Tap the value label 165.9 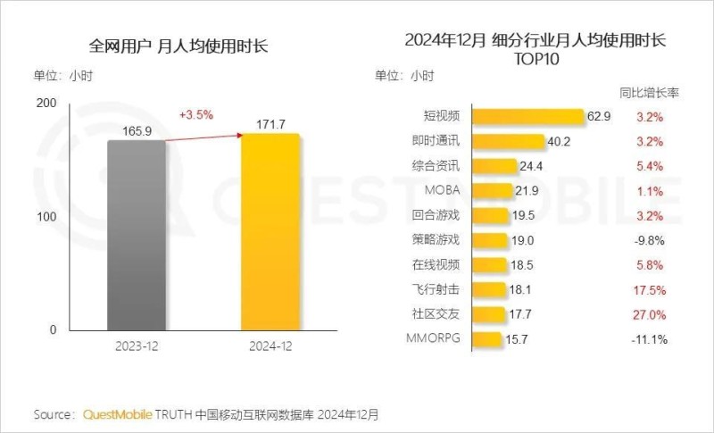(137, 130)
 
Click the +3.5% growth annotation (196, 115)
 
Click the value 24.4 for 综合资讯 (533, 166)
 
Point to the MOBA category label (443, 191)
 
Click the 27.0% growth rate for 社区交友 (651, 314)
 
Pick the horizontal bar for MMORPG (486, 339)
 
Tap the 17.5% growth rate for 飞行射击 (651, 290)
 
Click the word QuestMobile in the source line (117, 414)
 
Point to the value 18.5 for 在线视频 (523, 265)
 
